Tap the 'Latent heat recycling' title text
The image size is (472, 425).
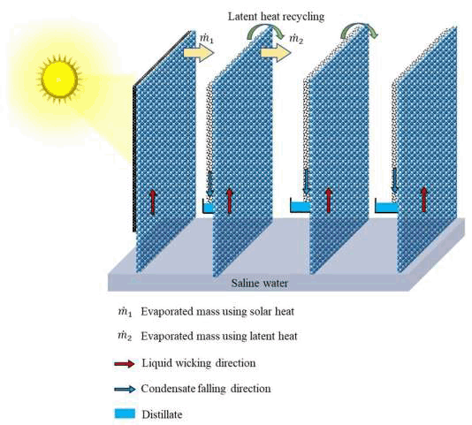pyautogui.click(x=276, y=17)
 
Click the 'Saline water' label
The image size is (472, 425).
pyautogui.click(x=259, y=283)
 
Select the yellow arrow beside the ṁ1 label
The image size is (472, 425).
pyautogui.click(x=199, y=52)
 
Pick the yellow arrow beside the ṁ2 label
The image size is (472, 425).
pyautogui.click(x=276, y=52)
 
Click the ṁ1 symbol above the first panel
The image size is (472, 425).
pyautogui.click(x=207, y=39)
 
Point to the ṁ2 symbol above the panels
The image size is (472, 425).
pyautogui.click(x=296, y=39)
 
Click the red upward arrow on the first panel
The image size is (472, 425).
pyautogui.click(x=153, y=201)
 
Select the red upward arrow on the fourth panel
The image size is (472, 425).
pyautogui.click(x=424, y=199)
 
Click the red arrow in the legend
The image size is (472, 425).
pyautogui.click(x=125, y=364)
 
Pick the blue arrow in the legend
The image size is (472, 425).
pyautogui.click(x=125, y=389)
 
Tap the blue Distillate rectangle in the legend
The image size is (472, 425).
pyautogui.click(x=125, y=414)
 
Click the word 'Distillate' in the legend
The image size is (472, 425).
pyautogui.click(x=162, y=414)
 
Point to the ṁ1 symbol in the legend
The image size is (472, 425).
pyautogui.click(x=125, y=312)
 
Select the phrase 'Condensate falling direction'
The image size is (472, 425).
pyautogui.click(x=206, y=389)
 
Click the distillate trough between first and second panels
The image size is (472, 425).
pyautogui.click(x=208, y=207)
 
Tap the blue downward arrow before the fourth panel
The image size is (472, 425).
pyautogui.click(x=394, y=180)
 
